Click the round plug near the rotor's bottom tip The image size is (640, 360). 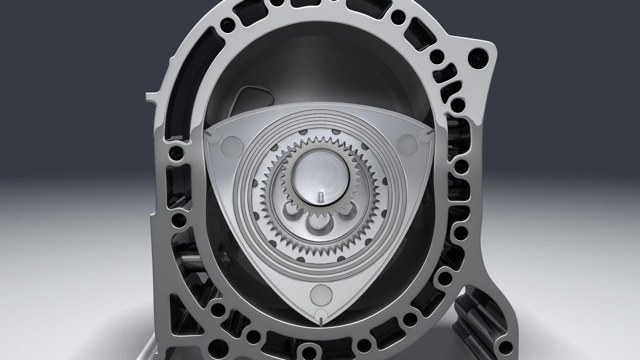pos(318,294)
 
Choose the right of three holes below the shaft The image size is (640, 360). pos(344,211)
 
